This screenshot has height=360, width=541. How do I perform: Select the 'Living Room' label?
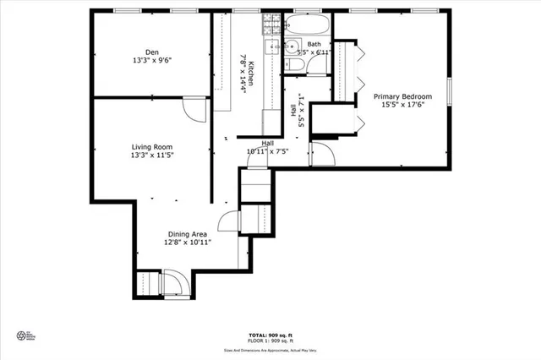coord(151,145)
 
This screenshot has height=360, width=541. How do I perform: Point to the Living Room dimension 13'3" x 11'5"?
coord(151,155)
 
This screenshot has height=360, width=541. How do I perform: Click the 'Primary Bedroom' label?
coord(403,96)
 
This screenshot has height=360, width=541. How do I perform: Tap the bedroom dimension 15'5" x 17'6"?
coord(403,106)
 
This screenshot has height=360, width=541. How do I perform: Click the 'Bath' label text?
coord(314,44)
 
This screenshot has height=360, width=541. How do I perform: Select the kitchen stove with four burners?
coord(272,47)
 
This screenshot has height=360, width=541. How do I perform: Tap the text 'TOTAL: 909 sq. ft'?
coord(270,335)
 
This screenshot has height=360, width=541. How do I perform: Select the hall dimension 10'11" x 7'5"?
coord(267,151)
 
